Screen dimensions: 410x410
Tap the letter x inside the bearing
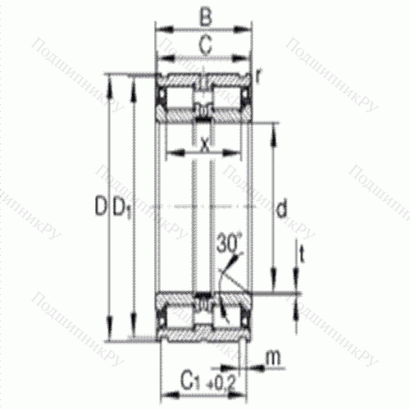pos(204,144)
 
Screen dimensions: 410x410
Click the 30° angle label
pos(230,243)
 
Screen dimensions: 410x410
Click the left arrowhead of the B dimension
pos(160,30)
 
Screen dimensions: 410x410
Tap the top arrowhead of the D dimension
pos(110,79)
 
